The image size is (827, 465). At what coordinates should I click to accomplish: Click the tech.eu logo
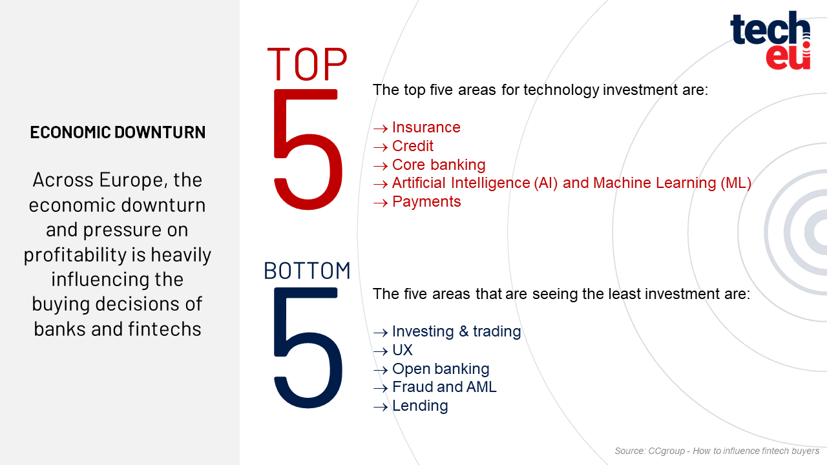point(770,40)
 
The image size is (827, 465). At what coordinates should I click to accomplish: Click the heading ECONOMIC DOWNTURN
point(118,132)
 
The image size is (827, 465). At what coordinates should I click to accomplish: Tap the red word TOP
point(307,64)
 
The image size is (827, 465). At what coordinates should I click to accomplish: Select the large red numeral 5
point(308,149)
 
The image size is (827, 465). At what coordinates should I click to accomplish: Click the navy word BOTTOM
point(307,271)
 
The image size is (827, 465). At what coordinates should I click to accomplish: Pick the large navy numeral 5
point(308,347)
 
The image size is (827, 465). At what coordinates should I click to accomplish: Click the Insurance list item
point(426,127)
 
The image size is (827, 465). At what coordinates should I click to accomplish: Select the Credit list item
point(412,146)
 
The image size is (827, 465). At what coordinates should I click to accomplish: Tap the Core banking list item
point(439,165)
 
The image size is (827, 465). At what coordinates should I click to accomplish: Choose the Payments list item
point(426,202)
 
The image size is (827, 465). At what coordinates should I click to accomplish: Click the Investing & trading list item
point(456,331)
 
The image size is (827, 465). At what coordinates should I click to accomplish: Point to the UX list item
point(402,350)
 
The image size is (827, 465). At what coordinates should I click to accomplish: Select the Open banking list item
point(441,369)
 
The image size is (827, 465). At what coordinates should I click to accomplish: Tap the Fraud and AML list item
point(444,387)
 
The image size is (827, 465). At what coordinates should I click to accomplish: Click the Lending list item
point(420,406)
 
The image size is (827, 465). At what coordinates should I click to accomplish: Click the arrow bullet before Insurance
point(381,129)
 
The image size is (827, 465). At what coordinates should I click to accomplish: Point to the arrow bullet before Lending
point(381,407)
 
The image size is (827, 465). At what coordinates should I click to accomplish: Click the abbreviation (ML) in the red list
point(736,183)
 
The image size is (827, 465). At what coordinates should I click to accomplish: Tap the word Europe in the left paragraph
point(131,180)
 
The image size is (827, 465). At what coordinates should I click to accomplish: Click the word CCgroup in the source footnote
point(666,451)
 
